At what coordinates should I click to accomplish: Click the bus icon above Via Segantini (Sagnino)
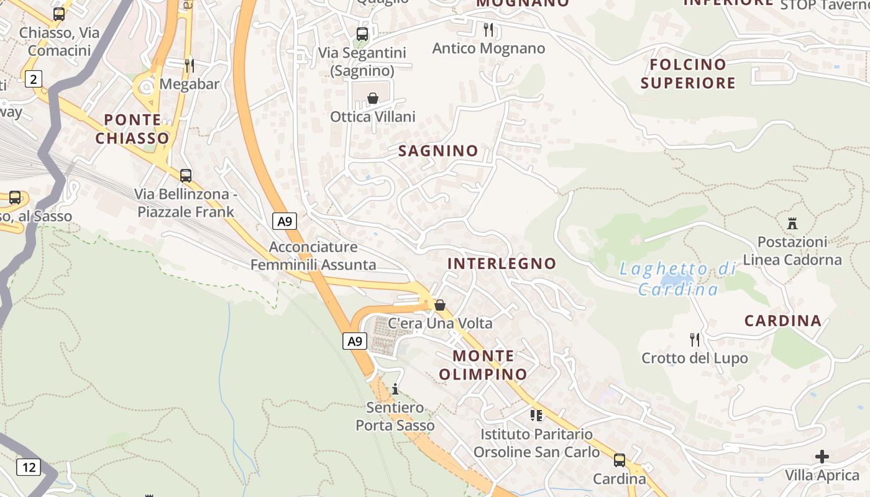click(362, 34)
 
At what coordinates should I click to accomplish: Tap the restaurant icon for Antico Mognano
click(488, 29)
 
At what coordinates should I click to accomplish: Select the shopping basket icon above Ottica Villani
click(373, 98)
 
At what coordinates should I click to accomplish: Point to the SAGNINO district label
click(438, 151)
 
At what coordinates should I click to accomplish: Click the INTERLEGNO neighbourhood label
click(501, 263)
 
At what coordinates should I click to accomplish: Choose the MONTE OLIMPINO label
click(483, 365)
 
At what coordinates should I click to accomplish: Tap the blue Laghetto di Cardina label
click(678, 279)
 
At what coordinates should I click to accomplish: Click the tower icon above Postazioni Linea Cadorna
click(792, 223)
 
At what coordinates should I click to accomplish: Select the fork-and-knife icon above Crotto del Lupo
click(695, 340)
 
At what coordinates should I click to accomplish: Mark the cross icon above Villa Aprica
click(822, 457)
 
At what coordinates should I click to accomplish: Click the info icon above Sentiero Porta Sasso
click(395, 390)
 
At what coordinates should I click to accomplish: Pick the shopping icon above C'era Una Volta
click(440, 305)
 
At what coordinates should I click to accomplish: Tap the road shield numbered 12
click(29, 467)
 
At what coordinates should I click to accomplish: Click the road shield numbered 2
click(33, 79)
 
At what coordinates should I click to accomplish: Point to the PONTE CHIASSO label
click(132, 129)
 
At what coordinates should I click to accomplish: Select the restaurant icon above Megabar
click(190, 65)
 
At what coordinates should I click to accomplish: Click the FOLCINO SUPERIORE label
click(688, 73)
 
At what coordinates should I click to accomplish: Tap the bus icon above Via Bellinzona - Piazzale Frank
click(185, 176)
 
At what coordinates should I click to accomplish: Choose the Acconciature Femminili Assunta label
click(313, 256)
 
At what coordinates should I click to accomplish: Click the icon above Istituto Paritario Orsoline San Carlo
click(536, 415)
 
